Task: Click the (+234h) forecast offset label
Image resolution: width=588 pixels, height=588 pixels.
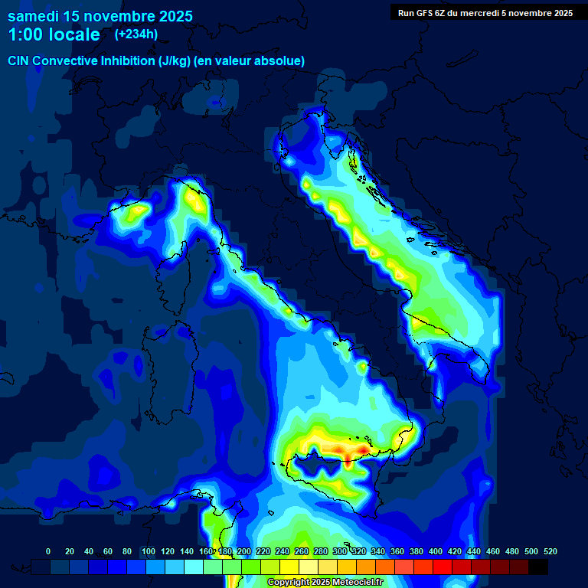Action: point(136,34)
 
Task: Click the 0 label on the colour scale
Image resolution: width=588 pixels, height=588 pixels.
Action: point(48,551)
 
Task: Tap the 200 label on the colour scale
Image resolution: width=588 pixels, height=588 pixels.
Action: point(243,551)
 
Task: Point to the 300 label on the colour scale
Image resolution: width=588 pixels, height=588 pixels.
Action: point(340,551)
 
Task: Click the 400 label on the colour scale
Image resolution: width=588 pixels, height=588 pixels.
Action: point(436,551)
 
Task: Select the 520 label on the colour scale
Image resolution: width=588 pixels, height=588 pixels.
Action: point(550,551)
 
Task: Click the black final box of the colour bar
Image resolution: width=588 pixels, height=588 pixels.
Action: point(538,567)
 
